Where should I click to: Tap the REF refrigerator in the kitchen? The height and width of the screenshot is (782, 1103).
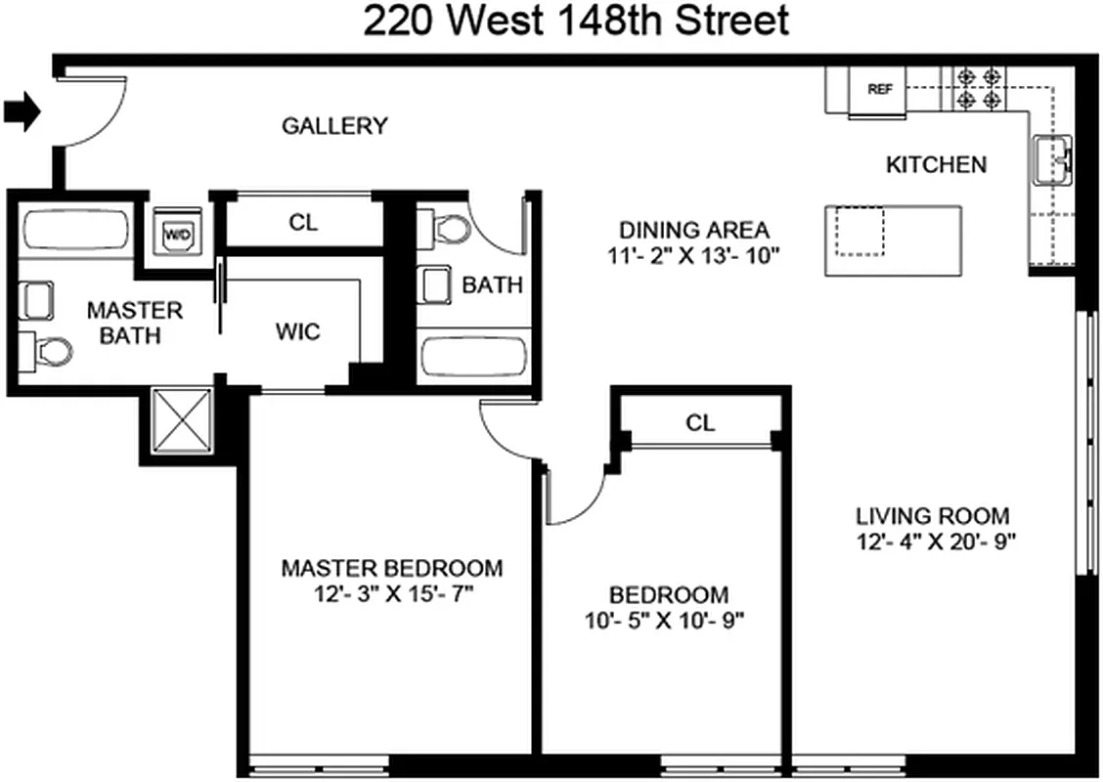879,89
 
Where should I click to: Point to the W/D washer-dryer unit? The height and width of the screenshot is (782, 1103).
177,233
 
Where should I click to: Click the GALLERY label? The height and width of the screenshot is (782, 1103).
334,126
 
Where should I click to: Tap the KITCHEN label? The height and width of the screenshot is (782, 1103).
936,164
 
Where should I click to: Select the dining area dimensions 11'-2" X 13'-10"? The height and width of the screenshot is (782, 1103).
694,256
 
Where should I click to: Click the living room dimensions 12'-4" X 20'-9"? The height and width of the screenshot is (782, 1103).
933,542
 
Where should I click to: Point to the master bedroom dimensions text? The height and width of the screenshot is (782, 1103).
391,593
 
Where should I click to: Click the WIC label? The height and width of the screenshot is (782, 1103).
297,331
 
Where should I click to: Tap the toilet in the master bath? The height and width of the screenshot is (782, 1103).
49,349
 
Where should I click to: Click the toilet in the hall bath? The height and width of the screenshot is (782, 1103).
446,231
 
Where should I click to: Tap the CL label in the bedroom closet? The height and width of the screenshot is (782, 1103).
700,422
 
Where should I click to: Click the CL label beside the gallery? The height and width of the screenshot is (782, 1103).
303,223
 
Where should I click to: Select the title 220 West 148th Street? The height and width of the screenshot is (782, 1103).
576,20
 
